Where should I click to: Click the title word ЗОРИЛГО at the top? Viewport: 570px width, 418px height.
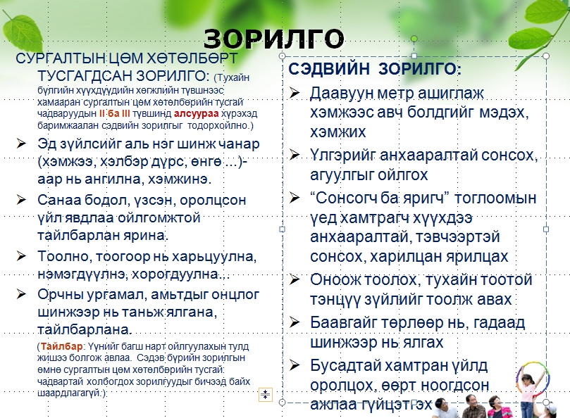click(273, 39)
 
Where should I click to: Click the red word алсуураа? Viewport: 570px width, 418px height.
click(197, 114)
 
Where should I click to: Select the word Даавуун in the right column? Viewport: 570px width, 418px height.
click(342, 94)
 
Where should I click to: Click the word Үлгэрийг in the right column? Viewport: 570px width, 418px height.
click(343, 156)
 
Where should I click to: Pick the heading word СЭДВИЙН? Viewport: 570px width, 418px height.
click(328, 69)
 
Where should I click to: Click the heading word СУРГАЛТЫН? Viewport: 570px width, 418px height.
click(61, 58)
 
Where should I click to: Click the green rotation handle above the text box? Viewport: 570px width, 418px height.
click(414, 39)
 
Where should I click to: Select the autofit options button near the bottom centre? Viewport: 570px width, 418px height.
click(266, 394)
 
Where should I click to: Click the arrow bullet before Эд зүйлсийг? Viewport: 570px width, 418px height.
click(21, 143)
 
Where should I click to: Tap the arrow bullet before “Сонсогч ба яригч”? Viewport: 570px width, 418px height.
click(294, 198)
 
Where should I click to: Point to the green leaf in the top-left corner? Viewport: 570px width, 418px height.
click(23, 31)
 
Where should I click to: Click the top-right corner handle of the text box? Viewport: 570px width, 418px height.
click(545, 56)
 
